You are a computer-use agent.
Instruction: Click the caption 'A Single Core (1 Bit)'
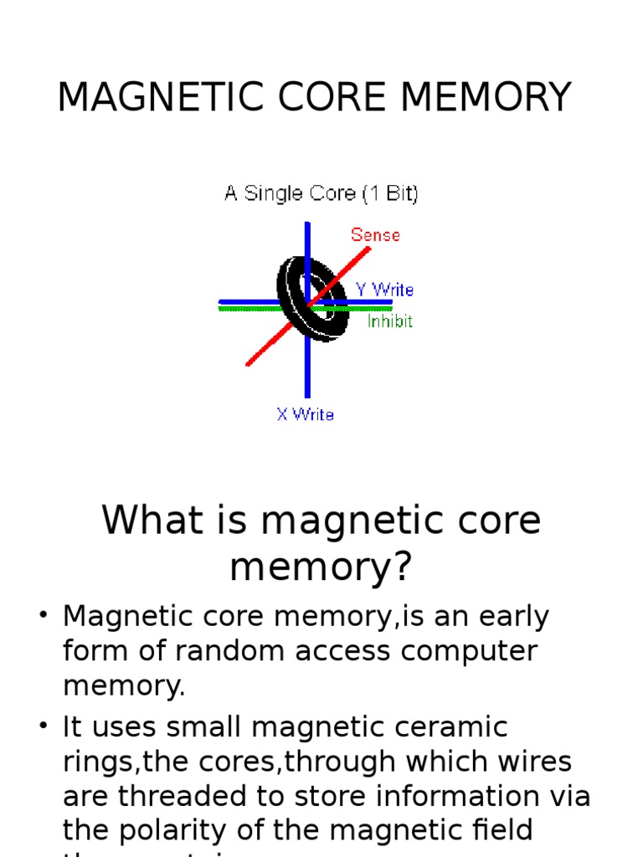321,194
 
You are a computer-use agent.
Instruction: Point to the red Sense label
375,235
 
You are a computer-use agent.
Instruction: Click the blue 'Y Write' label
384,290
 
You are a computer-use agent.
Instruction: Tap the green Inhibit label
390,321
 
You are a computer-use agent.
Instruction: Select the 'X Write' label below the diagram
305,414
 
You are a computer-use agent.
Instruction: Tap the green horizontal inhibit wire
243,309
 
